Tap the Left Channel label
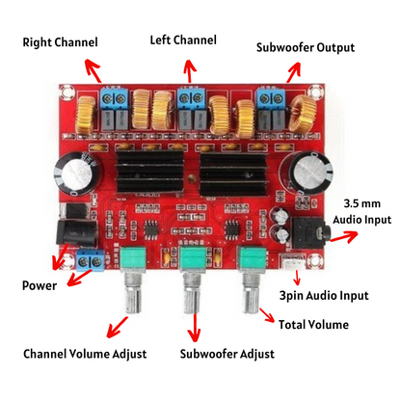tap(183, 40)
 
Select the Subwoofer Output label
tap(306, 47)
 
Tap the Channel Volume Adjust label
tap(85, 353)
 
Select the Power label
tap(40, 285)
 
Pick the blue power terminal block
tap(92, 261)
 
